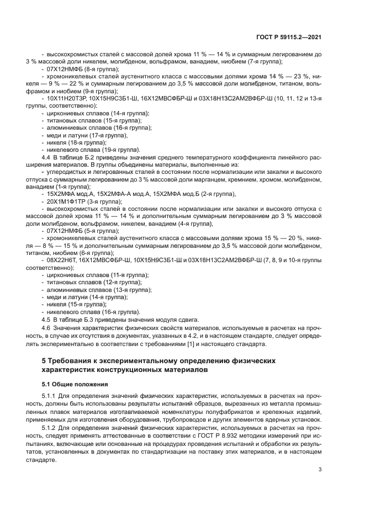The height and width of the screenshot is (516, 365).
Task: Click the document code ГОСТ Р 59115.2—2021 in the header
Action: pyautogui.click(x=289, y=38)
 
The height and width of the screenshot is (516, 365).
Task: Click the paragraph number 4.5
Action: pyautogui.click(x=47, y=320)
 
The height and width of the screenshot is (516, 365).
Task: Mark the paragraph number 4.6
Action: pyautogui.click(x=47, y=327)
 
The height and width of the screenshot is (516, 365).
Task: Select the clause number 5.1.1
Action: pyautogui.click(x=49, y=396)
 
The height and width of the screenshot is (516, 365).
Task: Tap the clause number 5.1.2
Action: pyautogui.click(x=49, y=427)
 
